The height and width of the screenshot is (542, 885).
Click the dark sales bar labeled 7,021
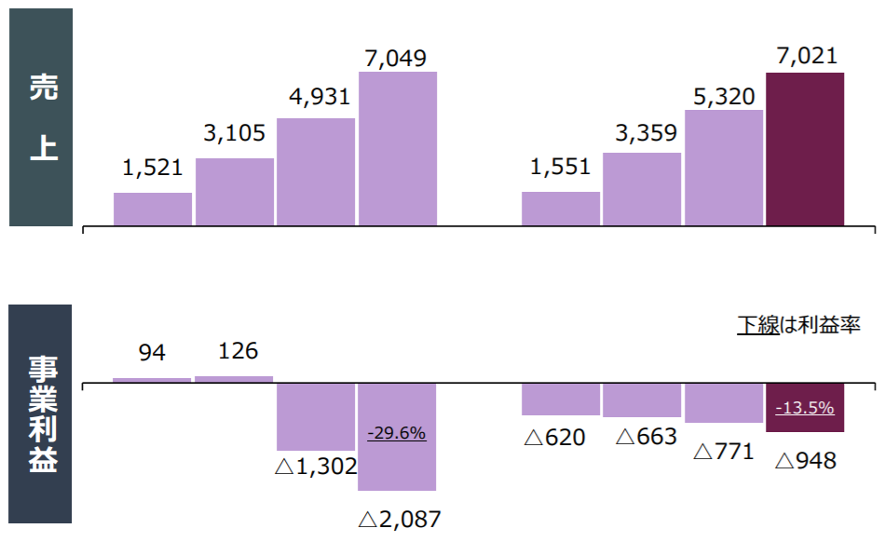pyautogui.click(x=805, y=149)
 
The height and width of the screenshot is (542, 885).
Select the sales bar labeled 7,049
pyautogui.click(x=398, y=149)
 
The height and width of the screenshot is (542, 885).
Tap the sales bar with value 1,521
pyautogui.click(x=153, y=209)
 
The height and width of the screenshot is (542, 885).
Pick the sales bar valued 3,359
pyautogui.click(x=642, y=189)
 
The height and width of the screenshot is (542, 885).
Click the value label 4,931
pyautogui.click(x=317, y=98)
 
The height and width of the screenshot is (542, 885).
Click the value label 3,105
pyautogui.click(x=235, y=134)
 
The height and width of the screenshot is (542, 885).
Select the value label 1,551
pyautogui.click(x=560, y=168)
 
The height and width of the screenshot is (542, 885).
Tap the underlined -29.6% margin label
pyautogui.click(x=397, y=433)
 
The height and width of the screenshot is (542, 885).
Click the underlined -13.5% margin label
pyautogui.click(x=805, y=408)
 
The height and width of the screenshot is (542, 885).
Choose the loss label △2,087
pyautogui.click(x=399, y=520)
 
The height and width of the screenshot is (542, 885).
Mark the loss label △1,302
pyautogui.click(x=316, y=467)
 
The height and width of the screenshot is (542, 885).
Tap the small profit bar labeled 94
pyautogui.click(x=152, y=379)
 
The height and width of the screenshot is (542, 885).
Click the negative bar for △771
pyautogui.click(x=724, y=402)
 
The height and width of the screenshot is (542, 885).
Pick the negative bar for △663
pyautogui.click(x=642, y=400)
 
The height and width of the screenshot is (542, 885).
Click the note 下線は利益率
pyautogui.click(x=798, y=325)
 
